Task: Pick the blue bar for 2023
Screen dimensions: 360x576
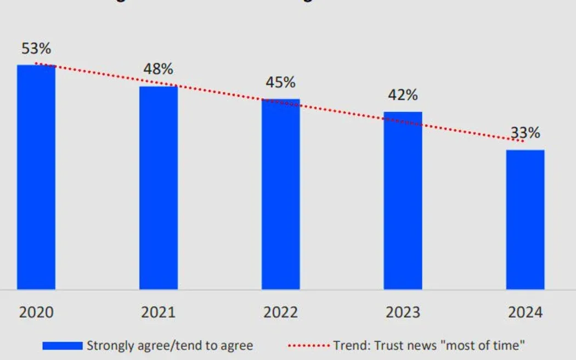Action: point(403,200)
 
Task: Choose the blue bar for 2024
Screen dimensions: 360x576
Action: point(525,220)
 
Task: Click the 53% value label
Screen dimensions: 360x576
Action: point(36,48)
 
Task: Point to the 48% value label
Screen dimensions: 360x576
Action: point(159,69)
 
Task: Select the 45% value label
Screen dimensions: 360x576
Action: point(281,82)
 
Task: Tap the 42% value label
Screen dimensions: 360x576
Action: point(403,95)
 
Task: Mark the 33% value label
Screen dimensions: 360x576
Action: point(526,133)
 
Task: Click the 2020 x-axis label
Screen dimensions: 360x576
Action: point(36,312)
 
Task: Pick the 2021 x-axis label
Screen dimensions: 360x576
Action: point(159,312)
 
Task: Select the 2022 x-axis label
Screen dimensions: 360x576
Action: point(281,312)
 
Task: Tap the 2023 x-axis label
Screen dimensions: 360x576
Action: point(403,312)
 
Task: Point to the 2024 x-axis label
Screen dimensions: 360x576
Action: point(525,312)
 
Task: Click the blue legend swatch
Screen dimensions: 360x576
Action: point(63,346)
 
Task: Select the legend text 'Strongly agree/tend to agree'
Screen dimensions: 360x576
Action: point(170,346)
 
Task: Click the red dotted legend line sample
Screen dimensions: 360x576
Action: point(309,346)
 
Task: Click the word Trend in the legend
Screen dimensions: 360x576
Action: point(349,346)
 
